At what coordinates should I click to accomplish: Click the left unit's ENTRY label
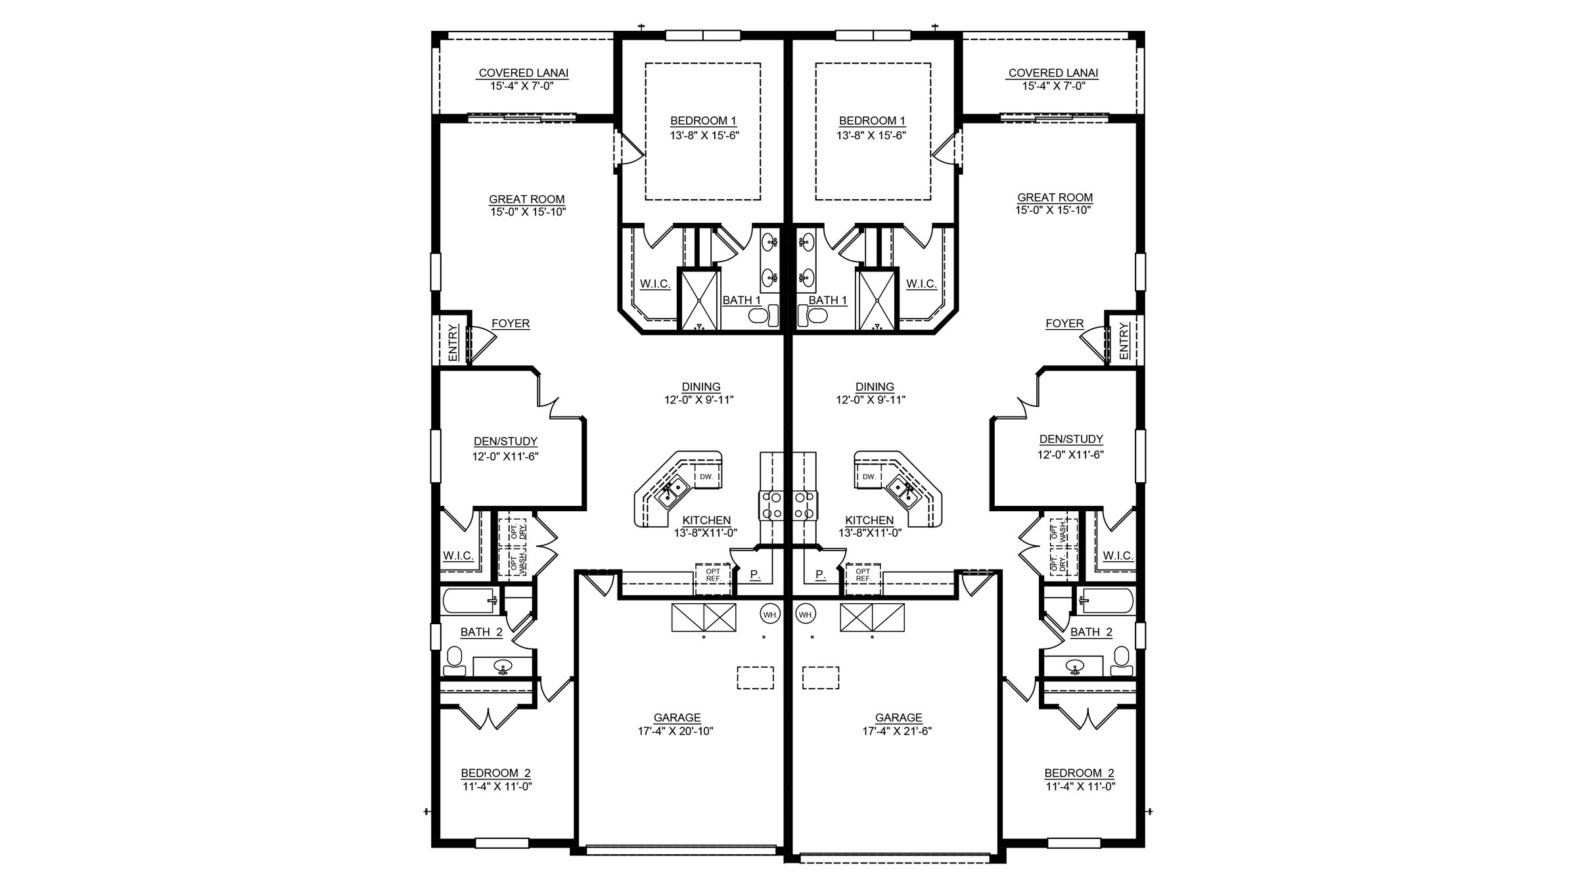tap(453, 342)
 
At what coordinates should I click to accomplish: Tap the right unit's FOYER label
tap(1064, 323)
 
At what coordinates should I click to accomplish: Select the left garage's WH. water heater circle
tap(770, 614)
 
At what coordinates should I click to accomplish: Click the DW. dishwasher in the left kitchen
tap(706, 476)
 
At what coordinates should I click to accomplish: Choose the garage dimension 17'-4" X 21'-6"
tap(897, 731)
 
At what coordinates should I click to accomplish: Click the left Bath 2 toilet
tap(454, 661)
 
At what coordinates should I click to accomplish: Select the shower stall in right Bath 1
tap(877, 299)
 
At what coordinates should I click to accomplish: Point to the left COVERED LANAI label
tap(524, 73)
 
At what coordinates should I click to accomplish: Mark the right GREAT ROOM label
tap(1055, 197)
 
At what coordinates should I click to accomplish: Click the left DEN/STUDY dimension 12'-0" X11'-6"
tap(505, 457)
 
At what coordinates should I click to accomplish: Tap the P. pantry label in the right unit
tap(820, 575)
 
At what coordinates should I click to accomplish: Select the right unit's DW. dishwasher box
tap(869, 476)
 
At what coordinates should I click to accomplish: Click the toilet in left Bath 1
tap(764, 316)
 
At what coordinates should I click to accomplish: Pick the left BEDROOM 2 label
tap(496, 773)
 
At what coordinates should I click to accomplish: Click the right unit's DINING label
tap(875, 387)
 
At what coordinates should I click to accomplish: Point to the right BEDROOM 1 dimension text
tap(871, 136)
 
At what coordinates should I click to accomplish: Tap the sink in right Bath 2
tap(1075, 666)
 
